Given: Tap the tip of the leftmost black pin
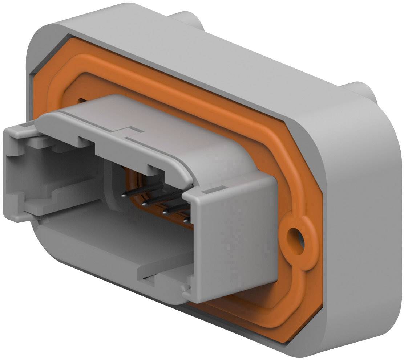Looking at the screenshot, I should (124, 195).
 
